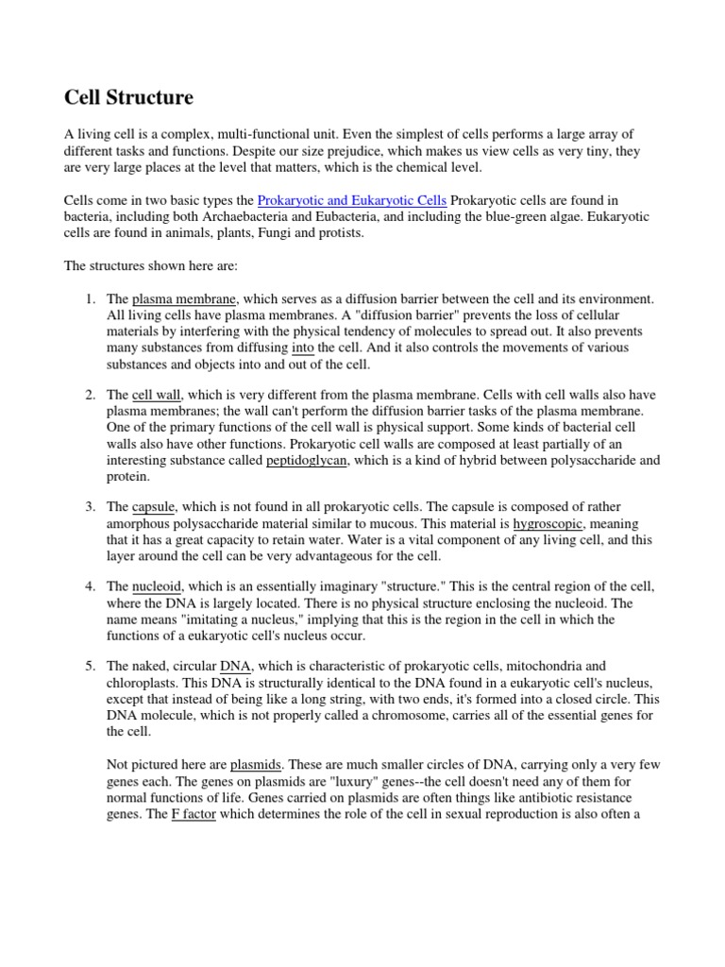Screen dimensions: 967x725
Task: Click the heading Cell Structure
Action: pos(128,98)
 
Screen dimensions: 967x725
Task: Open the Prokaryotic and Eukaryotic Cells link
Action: pos(352,201)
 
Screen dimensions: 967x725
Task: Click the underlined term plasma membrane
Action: pos(185,299)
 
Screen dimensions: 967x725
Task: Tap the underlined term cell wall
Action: pos(157,396)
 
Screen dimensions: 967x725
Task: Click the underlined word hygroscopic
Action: pos(549,524)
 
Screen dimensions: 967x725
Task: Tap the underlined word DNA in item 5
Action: pos(234,667)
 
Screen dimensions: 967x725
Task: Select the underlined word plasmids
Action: pos(258,764)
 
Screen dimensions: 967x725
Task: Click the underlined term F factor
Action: pos(194,813)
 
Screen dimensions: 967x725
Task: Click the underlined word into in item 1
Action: pos(303,348)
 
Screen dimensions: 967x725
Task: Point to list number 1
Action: pos(90,299)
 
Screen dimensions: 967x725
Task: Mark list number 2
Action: pos(90,396)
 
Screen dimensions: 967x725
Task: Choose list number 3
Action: pos(90,508)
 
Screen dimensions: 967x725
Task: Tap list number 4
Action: pos(90,587)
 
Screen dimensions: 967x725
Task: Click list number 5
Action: pos(90,667)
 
